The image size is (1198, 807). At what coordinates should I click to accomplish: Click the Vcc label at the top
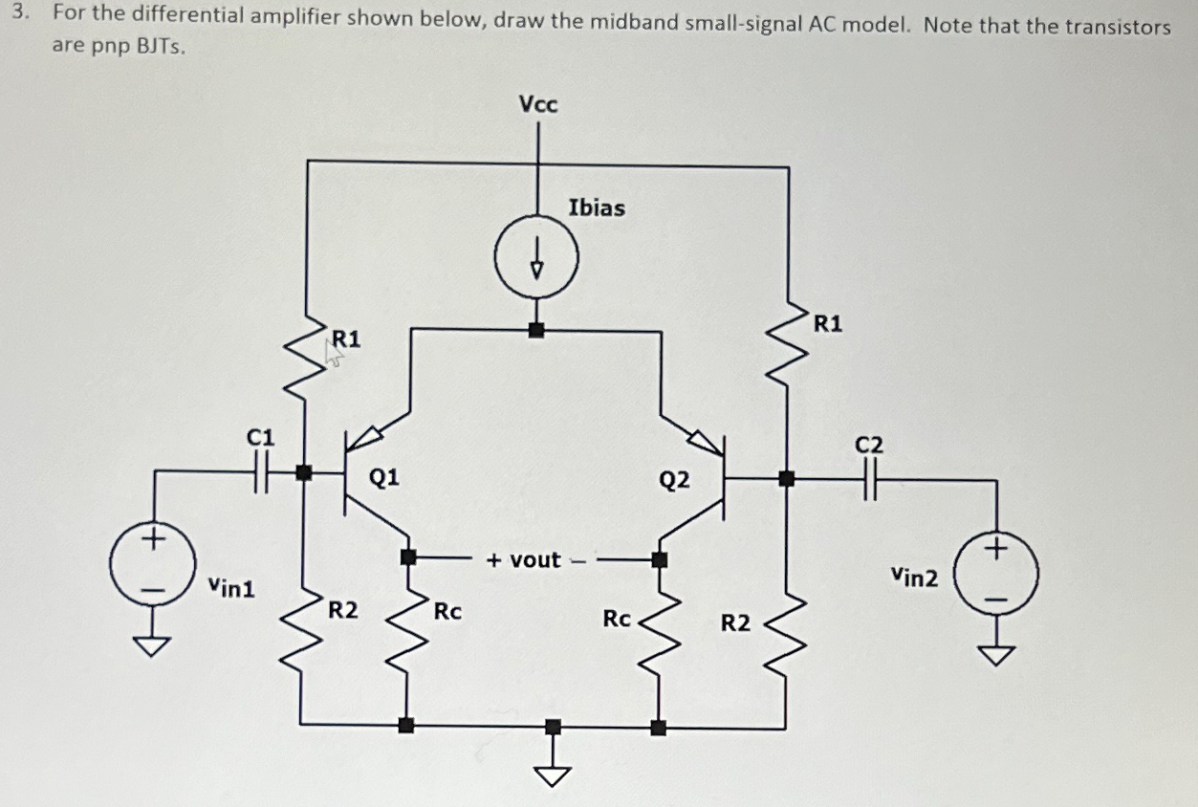click(x=537, y=104)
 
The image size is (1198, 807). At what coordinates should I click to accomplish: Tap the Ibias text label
click(x=597, y=207)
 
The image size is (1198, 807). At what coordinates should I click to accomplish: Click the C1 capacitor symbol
click(x=260, y=470)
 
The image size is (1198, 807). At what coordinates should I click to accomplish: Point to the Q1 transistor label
click(x=384, y=476)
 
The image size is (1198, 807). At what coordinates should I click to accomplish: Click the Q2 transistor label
click(x=674, y=480)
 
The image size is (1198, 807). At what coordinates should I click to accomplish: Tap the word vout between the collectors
click(x=535, y=560)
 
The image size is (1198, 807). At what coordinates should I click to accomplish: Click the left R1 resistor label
click(x=346, y=338)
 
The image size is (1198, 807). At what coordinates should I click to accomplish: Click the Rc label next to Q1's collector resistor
click(x=447, y=611)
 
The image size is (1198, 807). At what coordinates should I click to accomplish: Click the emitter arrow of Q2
click(x=705, y=440)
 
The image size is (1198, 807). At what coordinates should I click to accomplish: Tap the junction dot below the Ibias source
click(x=536, y=330)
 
